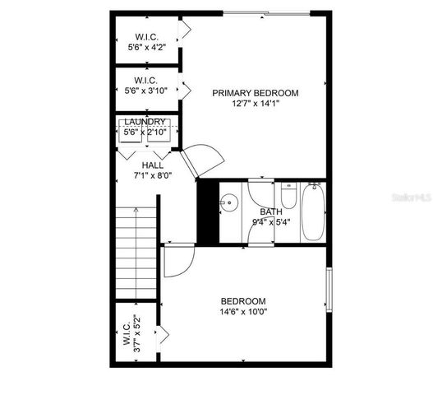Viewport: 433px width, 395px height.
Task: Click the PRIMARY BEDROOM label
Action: click(255, 93)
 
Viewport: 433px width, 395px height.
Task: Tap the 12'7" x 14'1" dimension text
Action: click(255, 104)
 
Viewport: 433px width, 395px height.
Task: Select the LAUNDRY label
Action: click(145, 122)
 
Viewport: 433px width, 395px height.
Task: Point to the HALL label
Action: click(152, 165)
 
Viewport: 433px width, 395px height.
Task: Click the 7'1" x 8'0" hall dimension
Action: click(152, 174)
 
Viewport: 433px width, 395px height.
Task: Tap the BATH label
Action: click(271, 211)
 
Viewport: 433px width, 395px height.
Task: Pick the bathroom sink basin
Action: click(228, 202)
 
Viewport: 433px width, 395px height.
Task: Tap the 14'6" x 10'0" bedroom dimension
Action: click(244, 312)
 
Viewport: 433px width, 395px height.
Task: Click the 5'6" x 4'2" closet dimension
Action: click(147, 49)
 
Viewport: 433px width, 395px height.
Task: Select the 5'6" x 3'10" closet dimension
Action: click(147, 91)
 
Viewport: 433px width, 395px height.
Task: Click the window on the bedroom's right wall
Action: click(329, 288)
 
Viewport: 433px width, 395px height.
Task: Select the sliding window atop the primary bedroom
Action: click(267, 13)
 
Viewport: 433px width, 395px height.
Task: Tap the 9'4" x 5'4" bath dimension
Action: click(271, 221)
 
